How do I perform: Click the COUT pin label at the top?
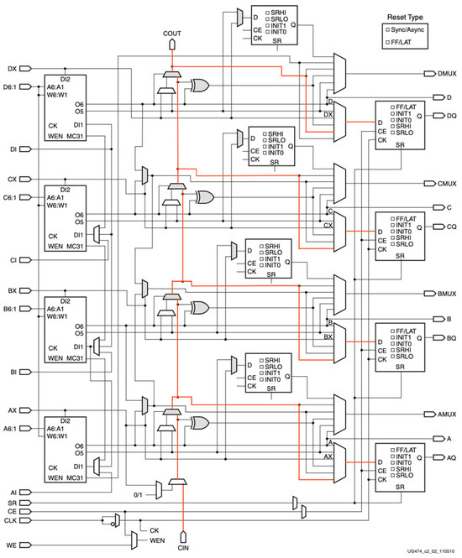pyautogui.click(x=172, y=33)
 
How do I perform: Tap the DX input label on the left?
pyautogui.click(x=12, y=68)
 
